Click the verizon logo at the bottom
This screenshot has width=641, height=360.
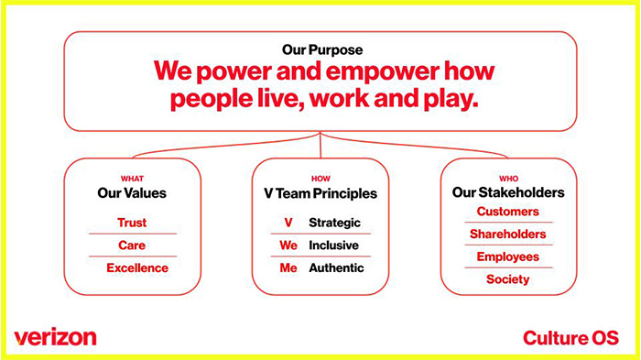tap(55, 336)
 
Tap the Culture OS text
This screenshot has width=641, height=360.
tap(570, 337)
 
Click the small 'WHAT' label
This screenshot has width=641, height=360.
tap(132, 179)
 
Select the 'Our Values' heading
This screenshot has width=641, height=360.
tap(132, 193)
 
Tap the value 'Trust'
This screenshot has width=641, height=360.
tap(132, 223)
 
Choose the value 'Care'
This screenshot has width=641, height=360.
tap(132, 245)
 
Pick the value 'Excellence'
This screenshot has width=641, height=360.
tap(137, 268)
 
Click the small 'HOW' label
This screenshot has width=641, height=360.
tap(320, 179)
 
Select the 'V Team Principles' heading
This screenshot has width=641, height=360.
tap(320, 193)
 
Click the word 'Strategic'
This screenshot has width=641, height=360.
tap(335, 223)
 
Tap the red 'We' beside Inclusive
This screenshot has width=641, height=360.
tap(288, 245)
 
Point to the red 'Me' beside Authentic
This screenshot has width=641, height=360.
tap(288, 268)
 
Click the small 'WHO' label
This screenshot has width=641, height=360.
tap(508, 179)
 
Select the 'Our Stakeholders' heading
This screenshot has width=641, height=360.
tap(508, 193)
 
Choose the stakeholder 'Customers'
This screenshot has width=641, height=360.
tap(508, 212)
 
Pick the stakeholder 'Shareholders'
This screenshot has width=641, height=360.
tap(508, 235)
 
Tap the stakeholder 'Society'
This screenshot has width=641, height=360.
tap(508, 279)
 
